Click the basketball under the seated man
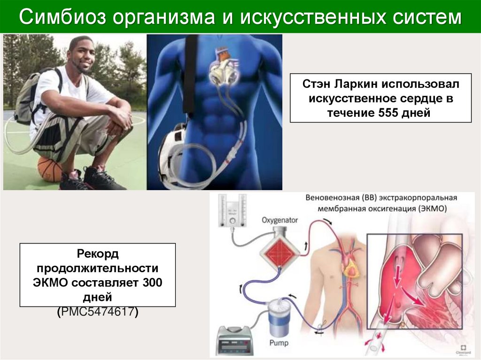49,169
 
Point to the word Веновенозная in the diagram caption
331,198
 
